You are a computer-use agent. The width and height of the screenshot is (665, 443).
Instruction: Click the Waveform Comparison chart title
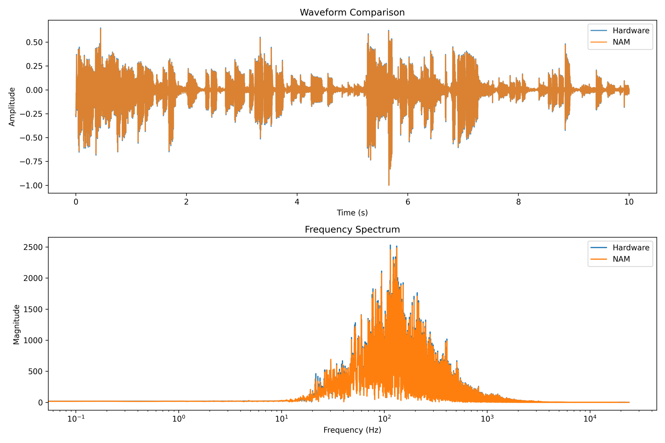click(x=352, y=12)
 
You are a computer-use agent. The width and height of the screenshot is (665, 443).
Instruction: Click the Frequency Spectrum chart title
click(x=352, y=229)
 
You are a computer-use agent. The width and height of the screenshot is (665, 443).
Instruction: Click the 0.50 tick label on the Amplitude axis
click(x=34, y=42)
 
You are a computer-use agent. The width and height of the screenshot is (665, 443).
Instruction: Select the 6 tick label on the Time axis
click(x=408, y=202)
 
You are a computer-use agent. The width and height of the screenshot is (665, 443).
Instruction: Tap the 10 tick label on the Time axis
click(x=629, y=202)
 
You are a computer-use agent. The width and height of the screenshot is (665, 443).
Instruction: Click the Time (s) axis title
click(x=352, y=213)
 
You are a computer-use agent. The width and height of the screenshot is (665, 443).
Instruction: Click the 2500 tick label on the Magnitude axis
click(x=33, y=247)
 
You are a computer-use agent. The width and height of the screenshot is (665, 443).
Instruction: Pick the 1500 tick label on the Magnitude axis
click(x=33, y=309)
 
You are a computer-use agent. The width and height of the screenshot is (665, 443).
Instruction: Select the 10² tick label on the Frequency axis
click(x=384, y=419)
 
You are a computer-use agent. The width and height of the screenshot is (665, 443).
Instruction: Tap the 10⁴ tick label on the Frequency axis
click(x=590, y=419)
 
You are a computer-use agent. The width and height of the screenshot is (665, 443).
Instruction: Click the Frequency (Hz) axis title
click(x=352, y=430)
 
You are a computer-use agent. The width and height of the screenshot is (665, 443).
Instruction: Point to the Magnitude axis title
click(x=16, y=324)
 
